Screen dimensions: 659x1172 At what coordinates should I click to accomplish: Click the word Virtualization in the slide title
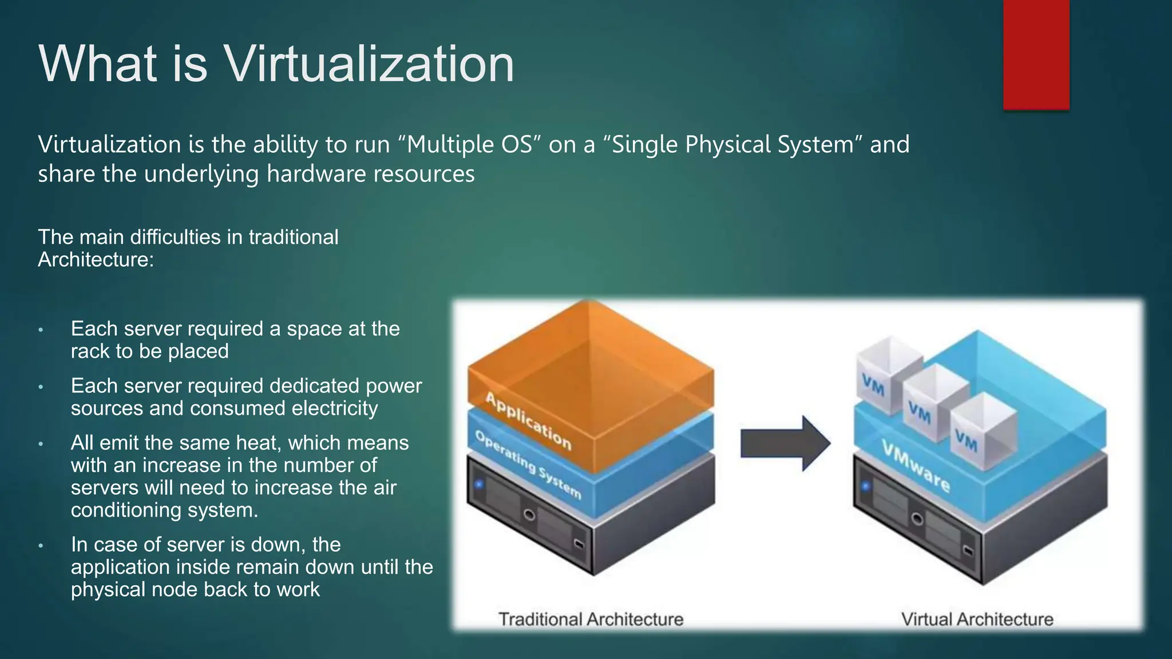369,63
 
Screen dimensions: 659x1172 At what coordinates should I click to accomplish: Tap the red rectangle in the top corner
1036,54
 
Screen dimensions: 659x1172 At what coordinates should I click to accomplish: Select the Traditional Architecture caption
591,619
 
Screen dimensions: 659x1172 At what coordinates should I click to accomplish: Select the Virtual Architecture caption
977,619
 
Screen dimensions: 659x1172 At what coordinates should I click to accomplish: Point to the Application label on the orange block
528,420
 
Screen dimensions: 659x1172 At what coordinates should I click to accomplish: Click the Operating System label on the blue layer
528,464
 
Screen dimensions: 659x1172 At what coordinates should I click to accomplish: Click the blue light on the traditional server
479,485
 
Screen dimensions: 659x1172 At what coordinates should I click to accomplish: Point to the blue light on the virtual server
865,487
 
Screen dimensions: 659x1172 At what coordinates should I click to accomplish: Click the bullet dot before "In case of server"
41,546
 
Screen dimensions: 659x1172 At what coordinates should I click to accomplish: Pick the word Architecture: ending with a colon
96,260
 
